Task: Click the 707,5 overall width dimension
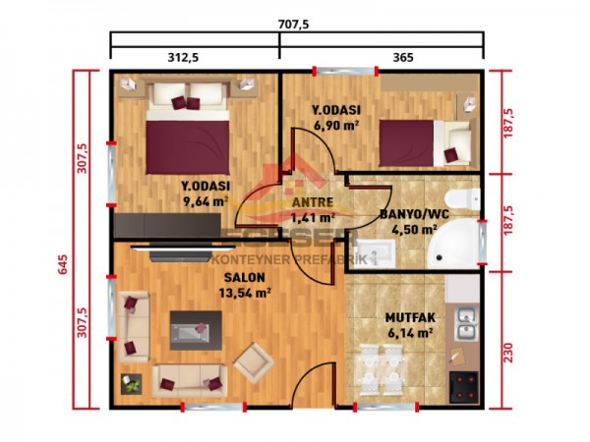click(x=295, y=24)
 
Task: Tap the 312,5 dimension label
click(x=184, y=58)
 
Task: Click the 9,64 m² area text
click(x=205, y=202)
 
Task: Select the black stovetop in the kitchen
click(x=462, y=385)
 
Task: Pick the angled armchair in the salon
click(x=254, y=360)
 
